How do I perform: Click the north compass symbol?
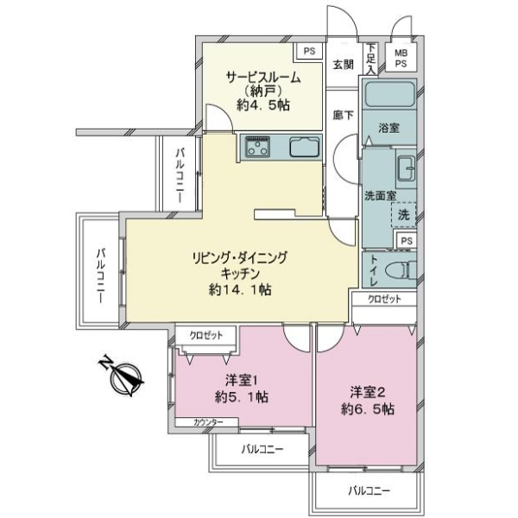[122, 376]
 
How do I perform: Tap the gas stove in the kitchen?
[257, 147]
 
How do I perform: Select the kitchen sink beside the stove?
[305, 147]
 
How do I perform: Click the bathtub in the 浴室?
[389, 94]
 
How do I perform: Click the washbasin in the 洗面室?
[406, 168]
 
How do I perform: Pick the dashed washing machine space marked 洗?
[403, 215]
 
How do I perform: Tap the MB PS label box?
[401, 58]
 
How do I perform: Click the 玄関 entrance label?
[344, 65]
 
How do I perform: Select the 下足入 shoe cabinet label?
[371, 59]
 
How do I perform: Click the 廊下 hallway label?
[343, 115]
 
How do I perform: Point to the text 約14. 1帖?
[240, 290]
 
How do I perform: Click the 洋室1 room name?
[241, 381]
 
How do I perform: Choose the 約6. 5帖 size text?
[368, 409]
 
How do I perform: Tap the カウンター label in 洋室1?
[208, 422]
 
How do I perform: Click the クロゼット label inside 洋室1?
[206, 336]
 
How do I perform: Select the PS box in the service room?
[309, 51]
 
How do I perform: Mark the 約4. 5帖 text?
[263, 105]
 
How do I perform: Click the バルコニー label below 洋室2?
[370, 490]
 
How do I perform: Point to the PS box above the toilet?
[407, 241]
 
